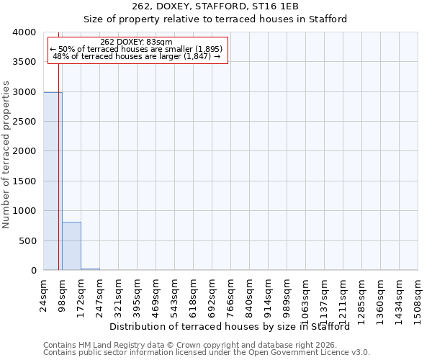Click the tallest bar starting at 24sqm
click(x=53, y=181)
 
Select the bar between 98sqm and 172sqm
click(x=71, y=246)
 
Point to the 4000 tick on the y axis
click(x=25, y=32)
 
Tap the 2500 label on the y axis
click(x=25, y=122)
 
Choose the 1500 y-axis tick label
click(x=25, y=181)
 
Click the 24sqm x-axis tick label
click(x=44, y=293)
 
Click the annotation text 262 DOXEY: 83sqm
click(x=136, y=42)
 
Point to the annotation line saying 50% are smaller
click(x=136, y=49)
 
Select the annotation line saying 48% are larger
click(x=136, y=56)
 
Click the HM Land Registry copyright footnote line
click(x=206, y=345)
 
